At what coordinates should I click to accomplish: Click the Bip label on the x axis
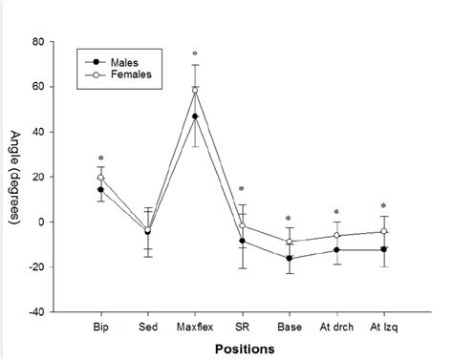pyautogui.click(x=100, y=326)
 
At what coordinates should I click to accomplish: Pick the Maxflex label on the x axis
pyautogui.click(x=195, y=326)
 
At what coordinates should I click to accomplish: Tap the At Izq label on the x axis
pyautogui.click(x=383, y=326)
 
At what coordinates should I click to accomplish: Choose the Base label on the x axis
pyautogui.click(x=289, y=326)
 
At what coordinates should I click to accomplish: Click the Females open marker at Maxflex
pyautogui.click(x=195, y=91)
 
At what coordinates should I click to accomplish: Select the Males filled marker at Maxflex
pyautogui.click(x=195, y=116)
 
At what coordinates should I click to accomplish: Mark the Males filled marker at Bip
pyautogui.click(x=100, y=189)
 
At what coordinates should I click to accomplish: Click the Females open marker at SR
pyautogui.click(x=242, y=226)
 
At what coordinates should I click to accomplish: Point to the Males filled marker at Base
pyautogui.click(x=289, y=258)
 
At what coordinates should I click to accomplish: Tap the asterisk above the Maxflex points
pyautogui.click(x=195, y=54)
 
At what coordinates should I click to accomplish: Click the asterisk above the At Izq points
pyautogui.click(x=383, y=206)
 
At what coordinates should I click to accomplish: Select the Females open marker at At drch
pyautogui.click(x=336, y=236)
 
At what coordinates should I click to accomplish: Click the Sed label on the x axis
pyautogui.click(x=147, y=326)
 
